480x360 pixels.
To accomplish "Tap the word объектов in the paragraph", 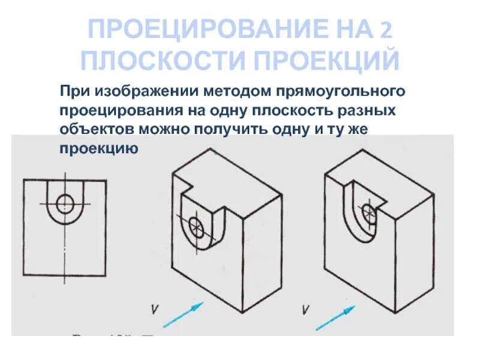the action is click(97, 129).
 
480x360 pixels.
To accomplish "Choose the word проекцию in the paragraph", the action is click(99, 148).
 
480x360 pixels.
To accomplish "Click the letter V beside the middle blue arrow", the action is click(155, 310).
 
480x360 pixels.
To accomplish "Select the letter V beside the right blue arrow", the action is click(307, 310).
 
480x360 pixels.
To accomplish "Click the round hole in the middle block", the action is click(196, 227).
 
